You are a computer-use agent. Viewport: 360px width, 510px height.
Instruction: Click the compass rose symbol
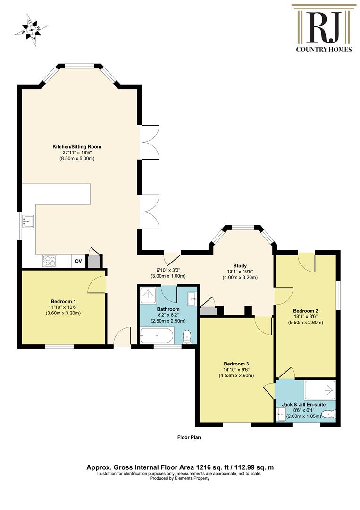click(32, 30)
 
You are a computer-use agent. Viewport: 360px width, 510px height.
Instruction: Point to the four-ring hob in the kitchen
click(49, 261)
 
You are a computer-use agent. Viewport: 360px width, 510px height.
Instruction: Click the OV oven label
click(78, 261)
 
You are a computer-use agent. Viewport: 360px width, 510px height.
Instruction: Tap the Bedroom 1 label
click(63, 301)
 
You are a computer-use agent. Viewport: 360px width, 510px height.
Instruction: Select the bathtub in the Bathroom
click(157, 335)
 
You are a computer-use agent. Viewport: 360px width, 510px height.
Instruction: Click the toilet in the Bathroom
click(187, 336)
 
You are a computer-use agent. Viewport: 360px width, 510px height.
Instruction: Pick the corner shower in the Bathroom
click(148, 295)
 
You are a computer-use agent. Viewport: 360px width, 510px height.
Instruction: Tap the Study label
click(240, 266)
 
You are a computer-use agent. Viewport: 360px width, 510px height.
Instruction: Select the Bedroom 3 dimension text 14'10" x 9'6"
click(236, 369)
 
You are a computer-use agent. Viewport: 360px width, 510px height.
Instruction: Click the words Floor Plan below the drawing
click(189, 437)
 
